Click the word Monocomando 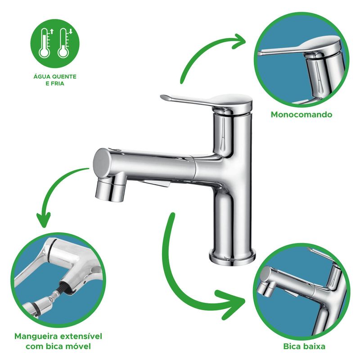click(x=301, y=114)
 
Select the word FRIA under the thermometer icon click(x=58, y=84)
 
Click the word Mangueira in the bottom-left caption click(x=36, y=337)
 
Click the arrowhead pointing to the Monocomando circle click(x=239, y=41)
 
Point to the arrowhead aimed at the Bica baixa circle click(x=232, y=304)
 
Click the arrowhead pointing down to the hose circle click(x=43, y=220)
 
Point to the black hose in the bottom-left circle click(x=65, y=289)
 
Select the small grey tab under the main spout click(x=156, y=184)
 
